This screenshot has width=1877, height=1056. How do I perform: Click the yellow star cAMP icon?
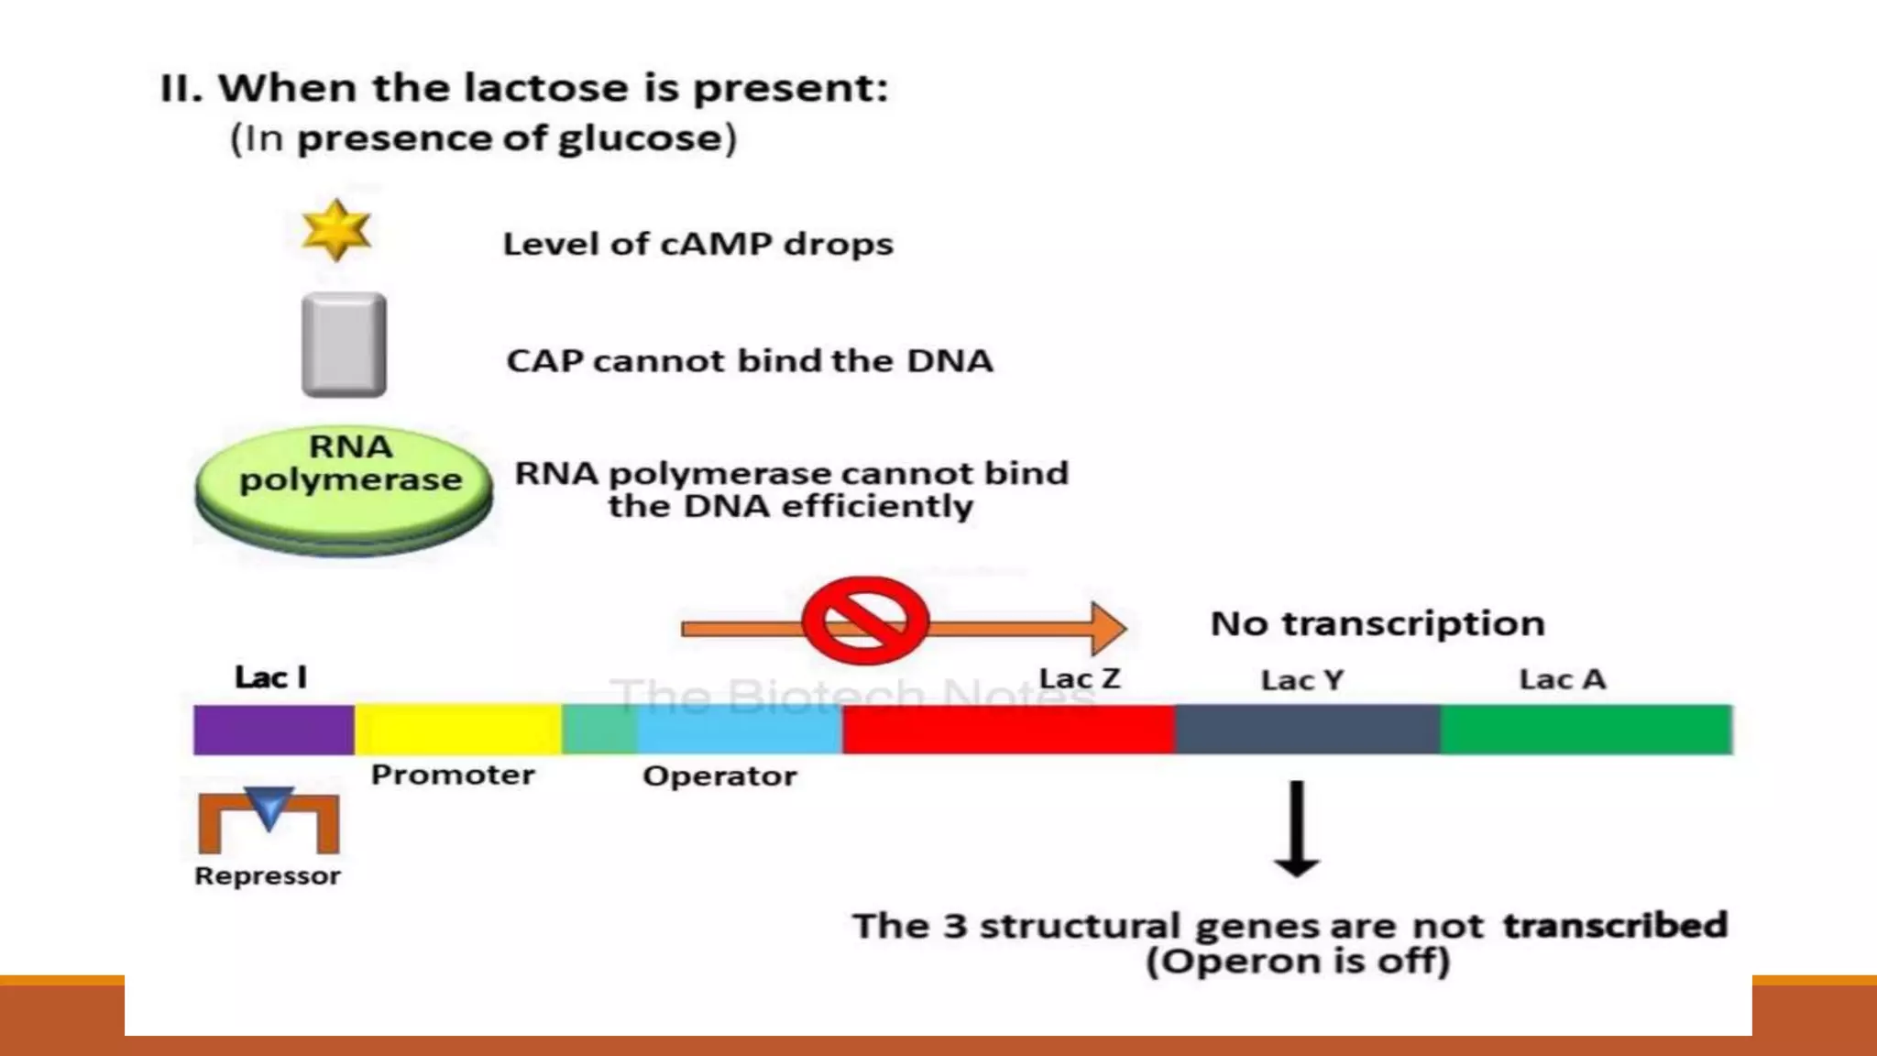[336, 230]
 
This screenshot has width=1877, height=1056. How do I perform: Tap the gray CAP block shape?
[344, 345]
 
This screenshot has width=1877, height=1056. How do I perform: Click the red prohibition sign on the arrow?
[865, 621]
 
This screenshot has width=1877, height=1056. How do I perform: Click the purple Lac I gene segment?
[273, 730]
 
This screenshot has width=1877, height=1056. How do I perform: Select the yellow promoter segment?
[457, 730]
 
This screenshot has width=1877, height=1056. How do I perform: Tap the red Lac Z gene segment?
[1008, 730]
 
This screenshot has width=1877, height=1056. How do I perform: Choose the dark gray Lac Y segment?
[1307, 730]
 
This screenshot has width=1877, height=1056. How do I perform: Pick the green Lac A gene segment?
[1586, 730]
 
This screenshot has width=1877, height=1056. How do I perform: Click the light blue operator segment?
[739, 730]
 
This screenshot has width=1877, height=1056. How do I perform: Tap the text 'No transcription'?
[1378, 623]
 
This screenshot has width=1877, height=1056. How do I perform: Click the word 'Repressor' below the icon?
[268, 876]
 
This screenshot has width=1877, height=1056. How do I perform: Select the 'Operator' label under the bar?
[719, 776]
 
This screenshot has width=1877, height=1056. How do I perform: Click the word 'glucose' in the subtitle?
[640, 139]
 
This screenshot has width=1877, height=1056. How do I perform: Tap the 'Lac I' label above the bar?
[270, 677]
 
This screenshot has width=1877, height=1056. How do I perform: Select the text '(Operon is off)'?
[1298, 962]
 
